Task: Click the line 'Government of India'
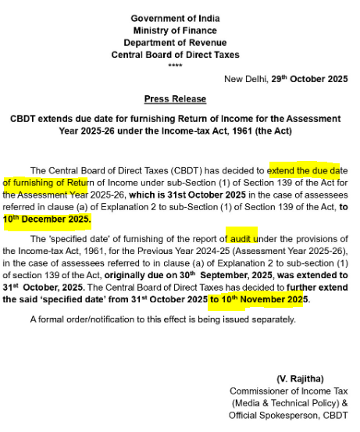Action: click(175, 18)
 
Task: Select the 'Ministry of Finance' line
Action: click(175, 30)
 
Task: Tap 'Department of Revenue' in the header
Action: click(175, 42)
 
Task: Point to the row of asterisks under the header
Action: click(175, 65)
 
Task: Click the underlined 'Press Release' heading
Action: click(175, 99)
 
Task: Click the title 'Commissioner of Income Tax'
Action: click(288, 391)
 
